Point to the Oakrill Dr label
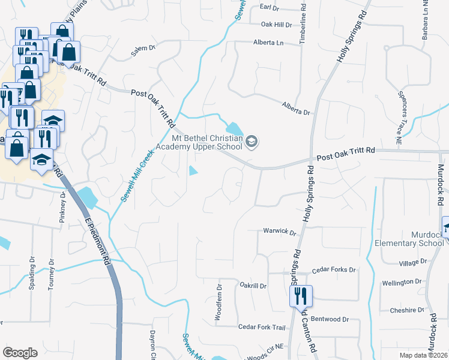click(253, 286)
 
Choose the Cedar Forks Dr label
click(334, 270)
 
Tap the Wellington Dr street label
click(402, 282)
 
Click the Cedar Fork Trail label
click(261, 327)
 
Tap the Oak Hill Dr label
click(276, 25)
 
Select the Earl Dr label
click(270, 7)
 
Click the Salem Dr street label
click(143, 52)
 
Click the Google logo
click(20, 352)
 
